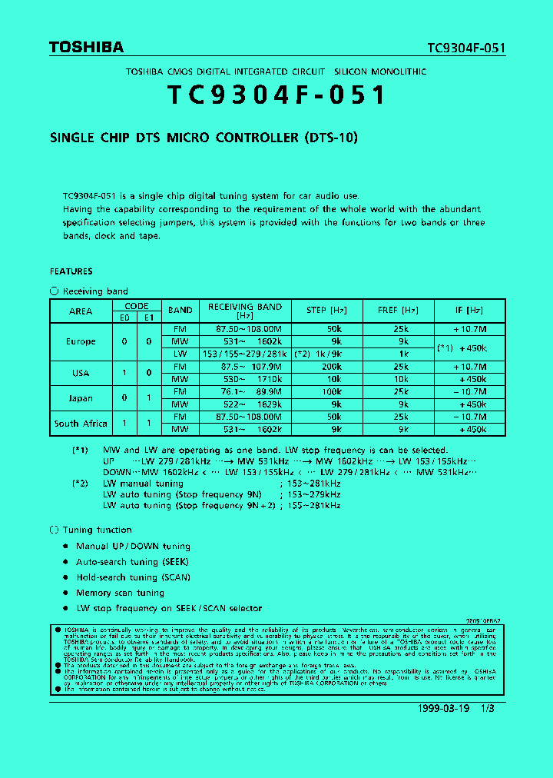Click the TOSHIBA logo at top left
[x=86, y=47]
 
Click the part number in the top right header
[x=466, y=48]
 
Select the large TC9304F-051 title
[x=276, y=95]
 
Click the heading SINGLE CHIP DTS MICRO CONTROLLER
[x=204, y=138]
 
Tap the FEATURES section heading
[x=71, y=271]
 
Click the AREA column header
[x=81, y=311]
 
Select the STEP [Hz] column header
[x=326, y=311]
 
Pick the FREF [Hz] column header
[x=398, y=311]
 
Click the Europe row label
[x=81, y=341]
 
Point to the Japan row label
[x=81, y=398]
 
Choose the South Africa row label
[x=81, y=424]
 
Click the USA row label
[x=81, y=373]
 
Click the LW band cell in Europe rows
[x=180, y=354]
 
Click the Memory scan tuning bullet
[x=120, y=593]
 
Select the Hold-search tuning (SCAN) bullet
[x=133, y=577]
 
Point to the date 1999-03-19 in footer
[x=444, y=708]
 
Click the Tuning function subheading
[x=97, y=530]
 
